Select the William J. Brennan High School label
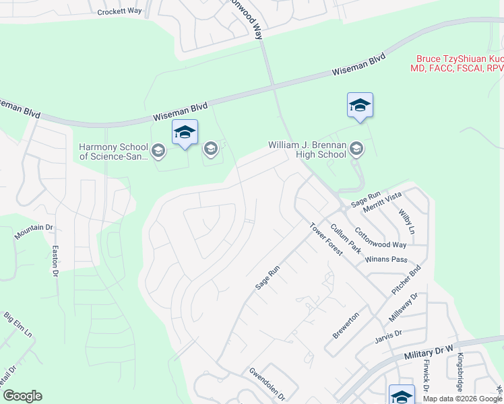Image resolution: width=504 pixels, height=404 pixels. tap(307, 149)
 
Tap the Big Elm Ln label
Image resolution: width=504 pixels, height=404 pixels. tap(18, 325)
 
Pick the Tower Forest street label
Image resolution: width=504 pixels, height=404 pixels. tap(326, 239)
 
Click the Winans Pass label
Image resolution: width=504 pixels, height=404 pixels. tap(385, 259)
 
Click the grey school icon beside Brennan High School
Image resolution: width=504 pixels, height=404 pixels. tap(356, 150)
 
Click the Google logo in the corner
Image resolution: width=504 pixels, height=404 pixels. tap(22, 396)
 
